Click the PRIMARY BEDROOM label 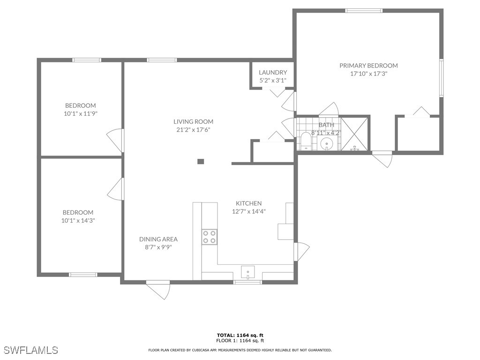tap(368, 66)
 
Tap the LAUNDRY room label tap(273, 72)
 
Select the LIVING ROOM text tap(193, 121)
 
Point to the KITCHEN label tap(248, 203)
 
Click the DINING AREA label tap(158, 239)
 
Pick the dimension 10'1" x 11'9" tap(80, 113)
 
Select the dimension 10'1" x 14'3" tap(78, 220)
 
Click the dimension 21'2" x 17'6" tap(193, 129)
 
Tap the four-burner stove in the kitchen tap(210, 237)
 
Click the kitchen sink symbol tap(247, 272)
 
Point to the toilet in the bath tap(306, 142)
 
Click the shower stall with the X tap(354, 134)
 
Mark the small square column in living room tap(201, 162)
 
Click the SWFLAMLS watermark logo tap(31, 350)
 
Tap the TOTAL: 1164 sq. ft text tap(240, 335)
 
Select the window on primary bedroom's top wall tap(363, 10)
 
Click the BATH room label tap(326, 125)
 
